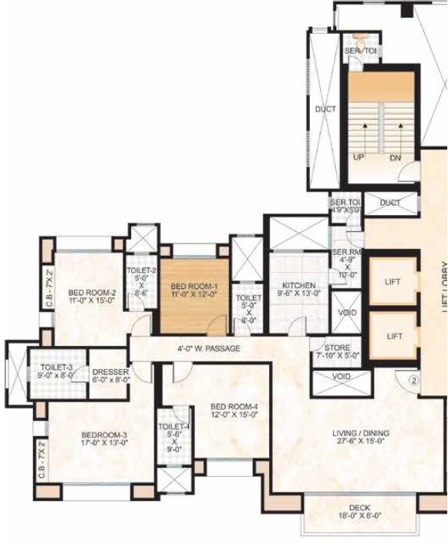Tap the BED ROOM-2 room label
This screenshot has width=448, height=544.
tap(92, 292)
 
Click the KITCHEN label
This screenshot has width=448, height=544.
tap(298, 285)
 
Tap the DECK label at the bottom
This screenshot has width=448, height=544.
tap(359, 508)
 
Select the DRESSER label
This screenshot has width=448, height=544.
tap(110, 371)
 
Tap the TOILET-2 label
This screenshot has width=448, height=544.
tap(142, 270)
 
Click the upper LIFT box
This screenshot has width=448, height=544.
tap(393, 282)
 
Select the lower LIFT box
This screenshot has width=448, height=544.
tap(394, 336)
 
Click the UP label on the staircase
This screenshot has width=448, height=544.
tap(359, 158)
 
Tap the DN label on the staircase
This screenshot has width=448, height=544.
tap(396, 158)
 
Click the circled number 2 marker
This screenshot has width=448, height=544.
tap(413, 379)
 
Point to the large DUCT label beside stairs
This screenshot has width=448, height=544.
tap(325, 109)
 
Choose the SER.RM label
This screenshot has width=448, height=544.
tap(343, 252)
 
